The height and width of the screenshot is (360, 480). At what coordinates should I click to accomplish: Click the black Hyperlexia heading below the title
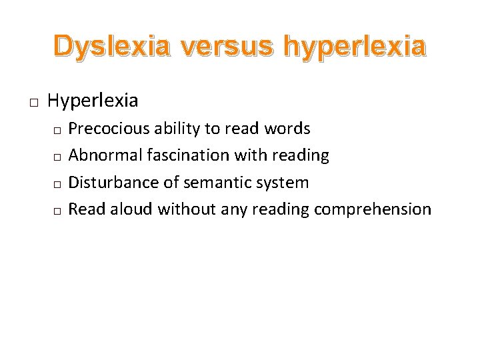click(x=93, y=101)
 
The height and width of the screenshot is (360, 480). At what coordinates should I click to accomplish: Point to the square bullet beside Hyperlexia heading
click(x=33, y=103)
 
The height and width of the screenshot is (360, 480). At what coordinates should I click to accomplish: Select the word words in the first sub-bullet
click(x=288, y=129)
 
